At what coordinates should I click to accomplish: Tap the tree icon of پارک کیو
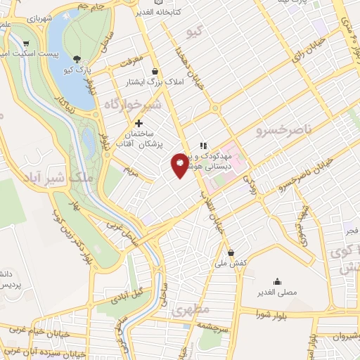(x=77, y=60)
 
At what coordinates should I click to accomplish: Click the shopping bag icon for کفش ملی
(x=231, y=252)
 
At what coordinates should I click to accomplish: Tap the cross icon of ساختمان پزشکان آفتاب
(x=148, y=123)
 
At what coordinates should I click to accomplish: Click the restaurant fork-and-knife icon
(x=203, y=145)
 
